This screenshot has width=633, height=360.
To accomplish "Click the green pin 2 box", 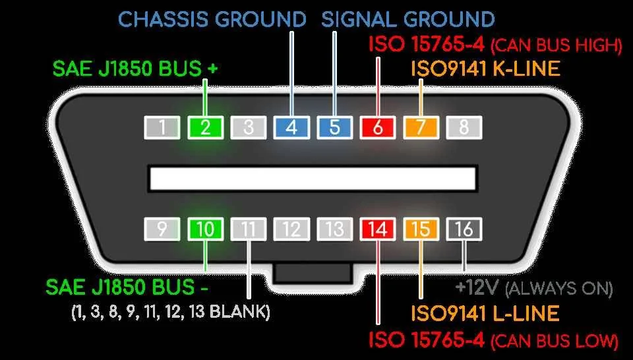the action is (206, 127).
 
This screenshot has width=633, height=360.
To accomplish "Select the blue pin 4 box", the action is (291, 127).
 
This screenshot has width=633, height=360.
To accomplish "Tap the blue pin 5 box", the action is (335, 127).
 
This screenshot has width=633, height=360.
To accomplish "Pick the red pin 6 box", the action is (378, 127).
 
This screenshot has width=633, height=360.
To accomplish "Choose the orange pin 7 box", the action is (421, 127).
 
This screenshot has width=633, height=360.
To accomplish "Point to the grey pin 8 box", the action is (464, 127).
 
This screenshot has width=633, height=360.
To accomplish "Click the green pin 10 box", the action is (206, 229).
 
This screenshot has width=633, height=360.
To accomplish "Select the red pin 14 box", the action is (378, 229).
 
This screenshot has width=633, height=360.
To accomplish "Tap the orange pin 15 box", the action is (421, 229).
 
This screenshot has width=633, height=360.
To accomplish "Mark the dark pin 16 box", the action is (464, 229).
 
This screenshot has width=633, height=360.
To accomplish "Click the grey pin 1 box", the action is (162, 127).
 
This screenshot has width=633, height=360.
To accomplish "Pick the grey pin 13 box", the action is (335, 229).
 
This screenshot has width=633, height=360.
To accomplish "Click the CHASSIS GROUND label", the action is (212, 19).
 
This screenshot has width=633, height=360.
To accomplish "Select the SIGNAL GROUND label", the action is (408, 19).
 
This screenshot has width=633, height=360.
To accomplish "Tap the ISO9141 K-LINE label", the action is (486, 69).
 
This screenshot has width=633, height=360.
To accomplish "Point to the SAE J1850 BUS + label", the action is (135, 69).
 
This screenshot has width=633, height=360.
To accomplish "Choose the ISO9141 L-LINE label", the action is (485, 313).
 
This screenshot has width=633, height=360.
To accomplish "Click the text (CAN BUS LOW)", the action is (555, 342).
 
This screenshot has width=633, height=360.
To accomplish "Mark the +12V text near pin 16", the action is (477, 287).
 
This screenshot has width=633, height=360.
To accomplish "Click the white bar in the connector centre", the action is (313, 179).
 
